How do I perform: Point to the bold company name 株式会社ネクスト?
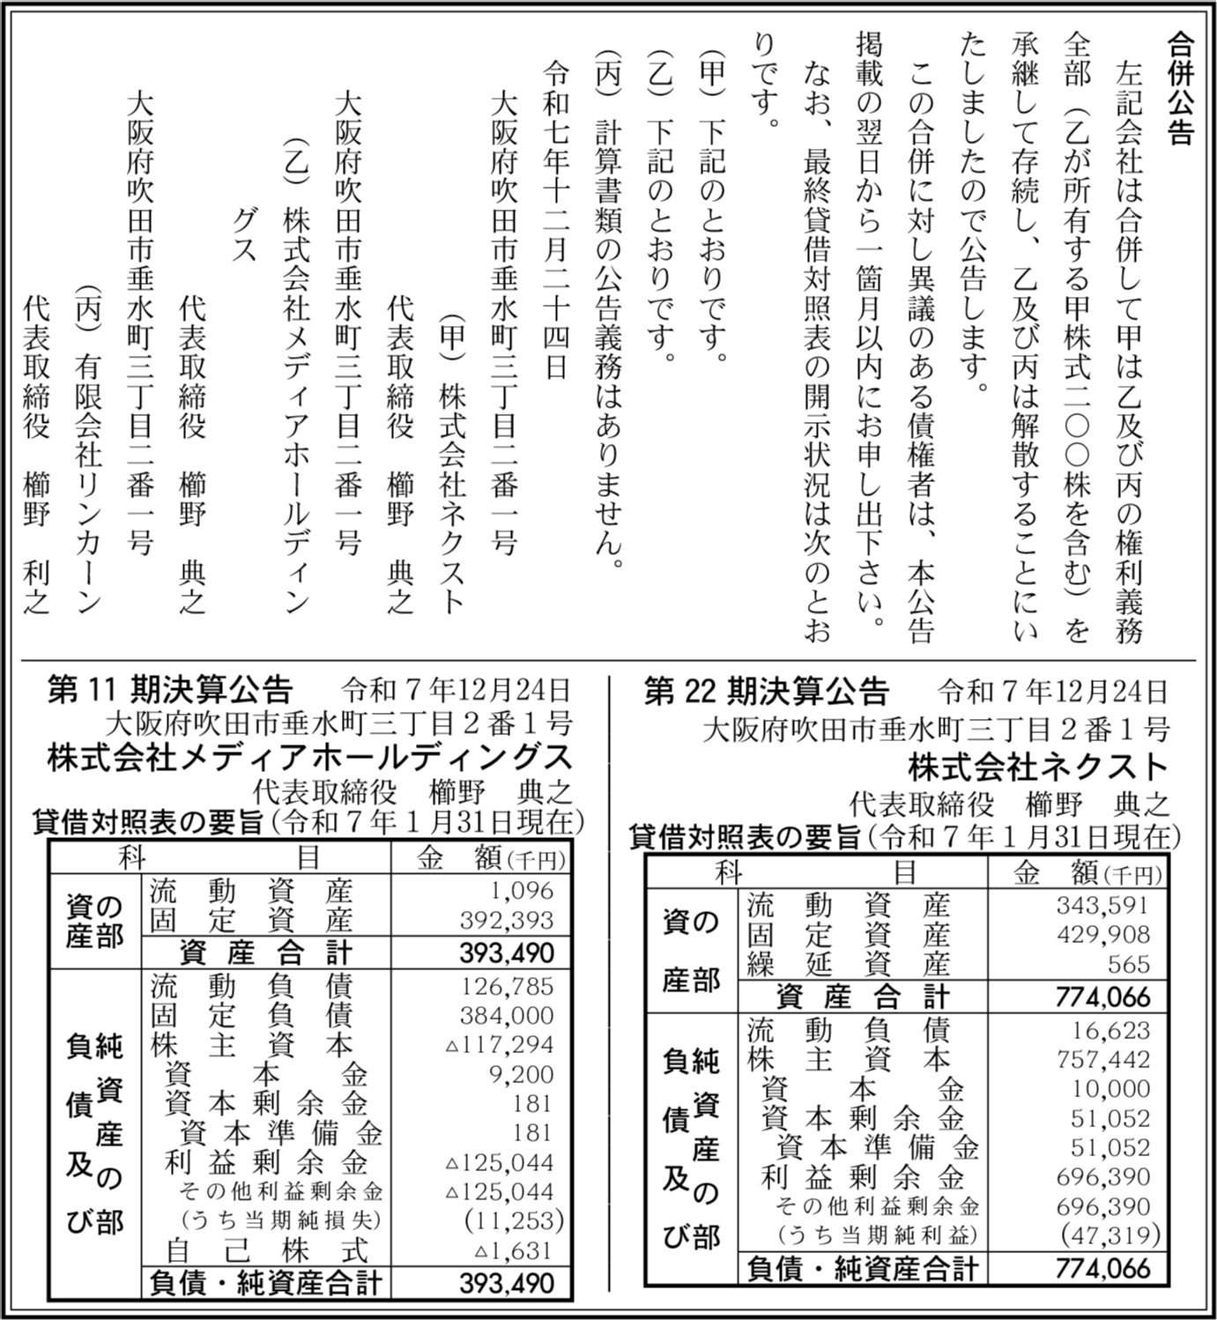pyautogui.click(x=1039, y=767)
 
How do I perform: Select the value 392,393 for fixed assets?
pyautogui.click(x=507, y=920)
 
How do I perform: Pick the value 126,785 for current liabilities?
pyautogui.click(x=507, y=986)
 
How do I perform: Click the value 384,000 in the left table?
pyautogui.click(x=507, y=1015)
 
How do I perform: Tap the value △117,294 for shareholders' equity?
pyautogui.click(x=500, y=1045)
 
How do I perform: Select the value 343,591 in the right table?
pyautogui.click(x=1102, y=905)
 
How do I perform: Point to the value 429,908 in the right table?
pyautogui.click(x=1102, y=934)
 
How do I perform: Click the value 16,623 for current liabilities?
pyautogui.click(x=1110, y=1030)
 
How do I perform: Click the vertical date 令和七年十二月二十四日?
pyautogui.click(x=556, y=220)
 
